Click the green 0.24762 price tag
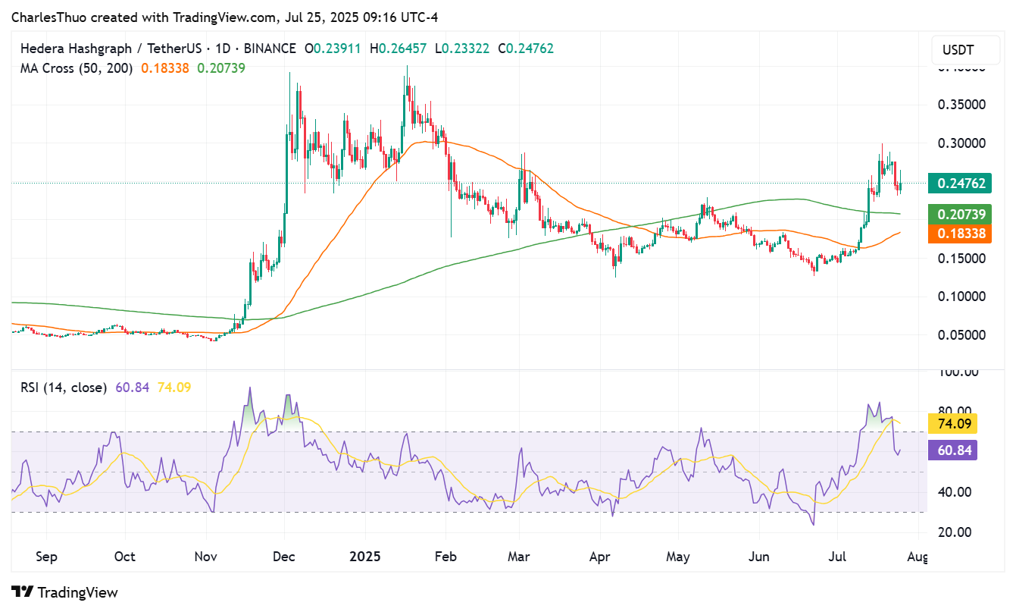tap(960, 183)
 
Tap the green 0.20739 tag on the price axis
tap(960, 215)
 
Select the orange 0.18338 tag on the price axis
tap(960, 234)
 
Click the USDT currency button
tap(958, 51)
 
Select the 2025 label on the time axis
tap(365, 557)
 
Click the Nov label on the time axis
tap(207, 557)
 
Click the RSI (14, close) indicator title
tap(64, 388)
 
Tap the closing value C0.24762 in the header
tap(526, 49)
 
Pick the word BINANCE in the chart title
tap(267, 49)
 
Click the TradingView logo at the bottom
tap(65, 592)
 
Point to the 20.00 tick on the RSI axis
tap(955, 532)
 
